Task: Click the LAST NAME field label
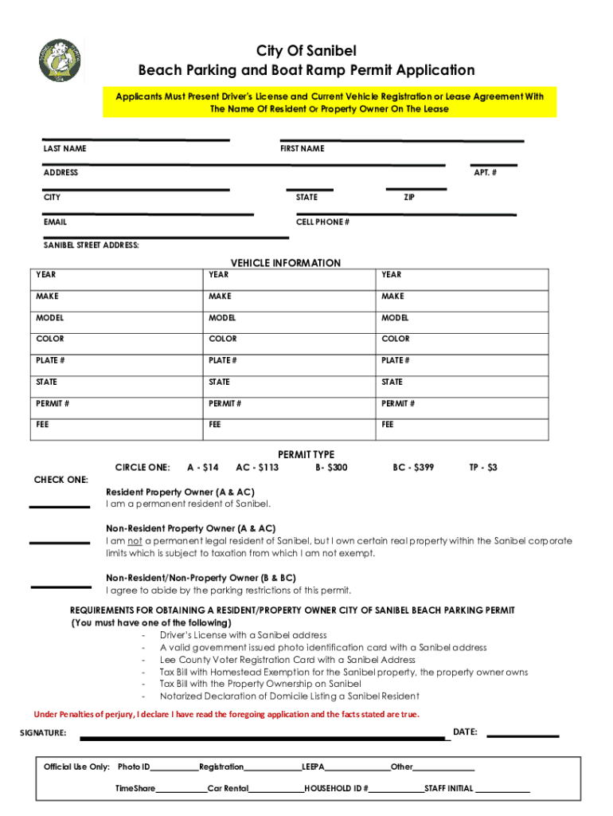(65, 149)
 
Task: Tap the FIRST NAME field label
(302, 149)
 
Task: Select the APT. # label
(486, 173)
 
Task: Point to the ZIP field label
(408, 197)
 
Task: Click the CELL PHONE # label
(322, 222)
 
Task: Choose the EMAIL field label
(56, 222)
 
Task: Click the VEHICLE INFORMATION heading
(285, 263)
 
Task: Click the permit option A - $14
(202, 468)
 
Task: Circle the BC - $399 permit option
(413, 468)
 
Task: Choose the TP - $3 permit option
(483, 468)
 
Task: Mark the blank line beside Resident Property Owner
(60, 505)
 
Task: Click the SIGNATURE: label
(43, 733)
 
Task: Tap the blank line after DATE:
(522, 735)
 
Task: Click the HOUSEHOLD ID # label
(336, 789)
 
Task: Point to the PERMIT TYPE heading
(306, 454)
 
